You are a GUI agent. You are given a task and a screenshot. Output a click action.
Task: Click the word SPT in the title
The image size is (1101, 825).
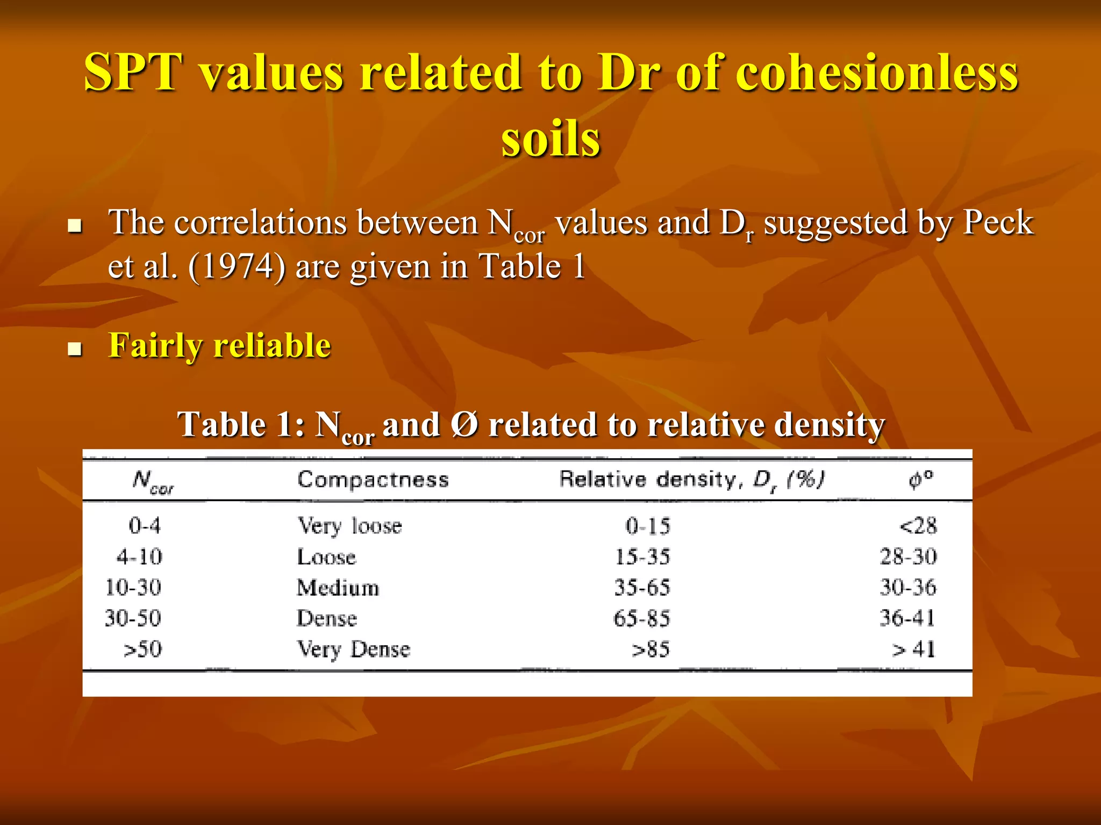pos(133,73)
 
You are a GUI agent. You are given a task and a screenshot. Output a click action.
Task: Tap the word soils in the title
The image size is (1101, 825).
pos(550,139)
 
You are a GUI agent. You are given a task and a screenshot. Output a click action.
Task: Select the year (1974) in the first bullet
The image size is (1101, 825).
pos(237,266)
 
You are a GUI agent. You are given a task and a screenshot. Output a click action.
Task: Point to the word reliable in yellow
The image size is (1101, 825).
pos(273,345)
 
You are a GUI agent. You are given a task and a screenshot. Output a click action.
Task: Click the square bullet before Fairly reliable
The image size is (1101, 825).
pos(75,350)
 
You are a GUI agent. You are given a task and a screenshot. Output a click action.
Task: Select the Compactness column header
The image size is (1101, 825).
pos(373,479)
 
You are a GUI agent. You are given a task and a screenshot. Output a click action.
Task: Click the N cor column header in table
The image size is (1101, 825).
pos(153,481)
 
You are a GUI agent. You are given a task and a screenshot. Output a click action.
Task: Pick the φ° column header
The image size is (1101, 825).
pos(921,479)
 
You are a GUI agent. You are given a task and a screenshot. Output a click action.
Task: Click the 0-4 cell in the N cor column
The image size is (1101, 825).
pos(145,525)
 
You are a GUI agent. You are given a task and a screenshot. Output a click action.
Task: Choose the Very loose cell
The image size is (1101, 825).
pos(349,526)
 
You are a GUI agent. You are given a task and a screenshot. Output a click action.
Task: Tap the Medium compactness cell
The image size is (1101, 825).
pos(338,588)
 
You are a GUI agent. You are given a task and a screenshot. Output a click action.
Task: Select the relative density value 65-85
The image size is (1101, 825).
pos(641,619)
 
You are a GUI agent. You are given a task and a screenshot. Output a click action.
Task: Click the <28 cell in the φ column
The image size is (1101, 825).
pos(918,526)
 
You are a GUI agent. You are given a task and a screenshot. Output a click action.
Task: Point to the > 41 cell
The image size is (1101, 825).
pos(913,649)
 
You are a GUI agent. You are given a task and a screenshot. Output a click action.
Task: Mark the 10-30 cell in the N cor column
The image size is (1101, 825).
pos(133,588)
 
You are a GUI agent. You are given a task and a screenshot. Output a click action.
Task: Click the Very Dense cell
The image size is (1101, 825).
pos(353,649)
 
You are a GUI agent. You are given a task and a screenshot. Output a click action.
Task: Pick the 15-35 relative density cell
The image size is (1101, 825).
pos(642,557)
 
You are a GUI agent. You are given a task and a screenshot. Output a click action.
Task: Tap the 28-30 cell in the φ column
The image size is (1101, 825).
pos(908,557)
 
